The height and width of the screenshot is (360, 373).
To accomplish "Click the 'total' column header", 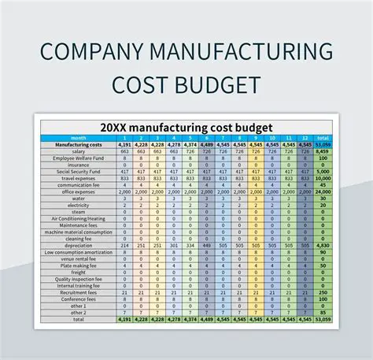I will (x=323, y=138).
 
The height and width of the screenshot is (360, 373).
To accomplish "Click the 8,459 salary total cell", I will (x=323, y=151).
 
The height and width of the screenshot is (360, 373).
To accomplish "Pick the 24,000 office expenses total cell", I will (x=323, y=191).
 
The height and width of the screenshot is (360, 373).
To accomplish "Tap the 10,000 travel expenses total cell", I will (x=323, y=178).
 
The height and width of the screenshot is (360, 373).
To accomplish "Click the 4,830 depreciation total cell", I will (x=323, y=245).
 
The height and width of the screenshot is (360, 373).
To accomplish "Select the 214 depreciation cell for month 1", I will (x=124, y=245).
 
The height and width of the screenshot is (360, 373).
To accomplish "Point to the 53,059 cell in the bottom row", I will (x=323, y=320).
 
